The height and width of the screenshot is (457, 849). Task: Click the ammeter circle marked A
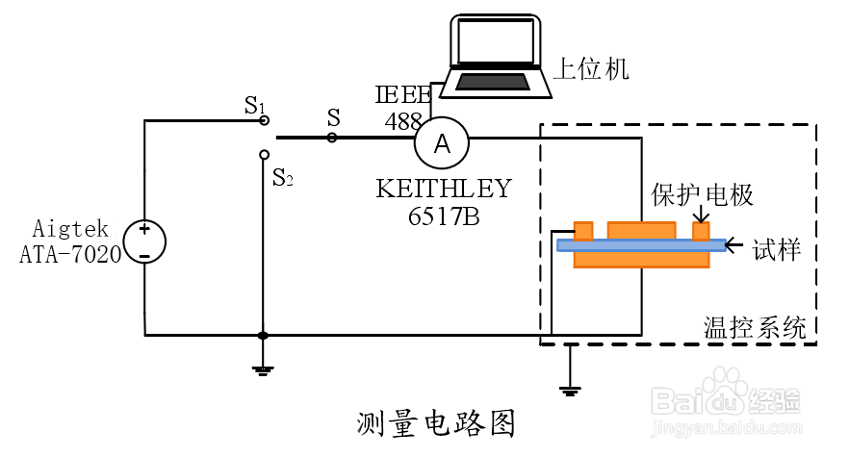[x=442, y=143]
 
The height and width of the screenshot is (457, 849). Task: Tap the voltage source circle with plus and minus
[x=144, y=242]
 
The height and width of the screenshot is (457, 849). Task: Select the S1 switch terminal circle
[x=264, y=120]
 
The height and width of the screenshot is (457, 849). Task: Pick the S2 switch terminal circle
[x=264, y=155]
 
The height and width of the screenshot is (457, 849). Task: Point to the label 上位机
[x=591, y=69]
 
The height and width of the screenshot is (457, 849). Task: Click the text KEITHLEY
[x=444, y=189]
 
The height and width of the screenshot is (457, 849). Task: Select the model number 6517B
[x=444, y=216]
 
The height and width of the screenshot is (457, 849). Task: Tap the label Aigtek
[x=70, y=229]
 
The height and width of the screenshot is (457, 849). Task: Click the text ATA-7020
[x=70, y=254]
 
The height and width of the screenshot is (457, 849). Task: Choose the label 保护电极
[x=702, y=195]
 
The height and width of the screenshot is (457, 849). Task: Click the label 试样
[x=776, y=250]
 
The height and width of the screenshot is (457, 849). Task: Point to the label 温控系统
[x=755, y=327]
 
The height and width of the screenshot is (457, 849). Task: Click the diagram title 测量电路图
[x=436, y=423]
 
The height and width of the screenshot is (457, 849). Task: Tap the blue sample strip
[x=642, y=245]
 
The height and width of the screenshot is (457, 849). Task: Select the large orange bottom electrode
[x=642, y=260]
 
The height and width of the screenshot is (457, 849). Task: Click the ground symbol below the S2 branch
[x=263, y=371]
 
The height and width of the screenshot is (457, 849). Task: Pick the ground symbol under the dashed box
[x=570, y=391]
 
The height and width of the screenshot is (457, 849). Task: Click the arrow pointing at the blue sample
[x=733, y=245]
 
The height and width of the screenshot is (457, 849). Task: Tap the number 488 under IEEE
[x=403, y=121]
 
